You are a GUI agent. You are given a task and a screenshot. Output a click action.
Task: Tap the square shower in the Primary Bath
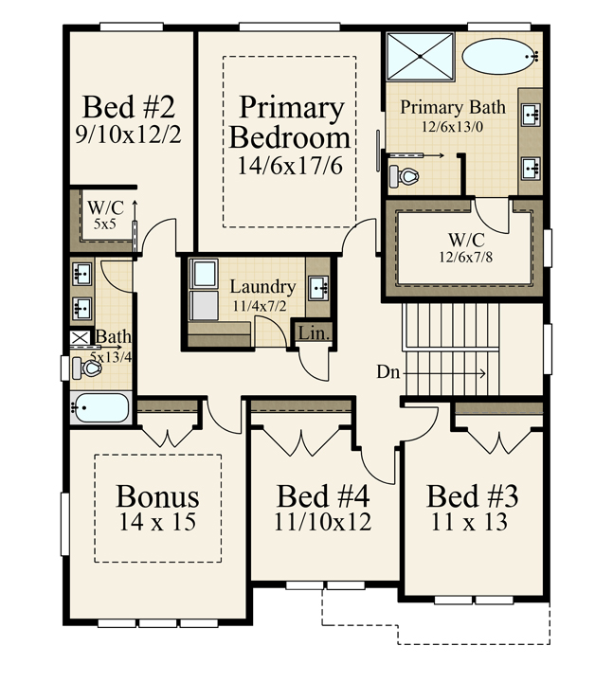(421, 57)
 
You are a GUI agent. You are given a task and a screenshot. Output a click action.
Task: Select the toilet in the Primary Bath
(404, 175)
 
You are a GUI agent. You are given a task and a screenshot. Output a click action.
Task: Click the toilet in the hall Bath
(87, 368)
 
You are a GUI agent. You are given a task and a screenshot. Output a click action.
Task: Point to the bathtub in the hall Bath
(100, 407)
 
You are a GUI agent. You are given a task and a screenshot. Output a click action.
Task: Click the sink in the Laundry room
(319, 288)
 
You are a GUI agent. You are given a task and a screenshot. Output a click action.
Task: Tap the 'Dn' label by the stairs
(388, 372)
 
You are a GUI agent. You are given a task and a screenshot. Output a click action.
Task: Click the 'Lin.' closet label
(313, 333)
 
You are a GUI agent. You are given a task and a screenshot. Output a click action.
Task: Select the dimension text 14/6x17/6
(290, 166)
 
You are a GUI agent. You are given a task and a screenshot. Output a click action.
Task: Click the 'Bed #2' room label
(129, 107)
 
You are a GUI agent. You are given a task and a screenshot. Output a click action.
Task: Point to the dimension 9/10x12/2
(128, 135)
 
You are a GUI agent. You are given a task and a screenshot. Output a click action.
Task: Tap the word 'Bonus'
(157, 496)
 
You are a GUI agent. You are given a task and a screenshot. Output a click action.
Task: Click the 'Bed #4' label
(323, 496)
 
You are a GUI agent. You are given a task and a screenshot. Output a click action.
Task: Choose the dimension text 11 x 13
(469, 522)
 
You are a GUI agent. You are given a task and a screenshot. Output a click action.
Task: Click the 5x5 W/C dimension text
(104, 224)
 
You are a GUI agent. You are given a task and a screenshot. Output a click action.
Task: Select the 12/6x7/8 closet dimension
(466, 257)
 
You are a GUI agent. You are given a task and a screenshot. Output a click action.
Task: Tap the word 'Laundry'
(262, 287)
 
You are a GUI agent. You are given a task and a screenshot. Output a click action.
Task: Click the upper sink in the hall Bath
(81, 274)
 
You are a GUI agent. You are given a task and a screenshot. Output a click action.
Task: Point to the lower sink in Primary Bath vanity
(531, 168)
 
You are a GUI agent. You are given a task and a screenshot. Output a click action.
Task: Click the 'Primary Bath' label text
(453, 107)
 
